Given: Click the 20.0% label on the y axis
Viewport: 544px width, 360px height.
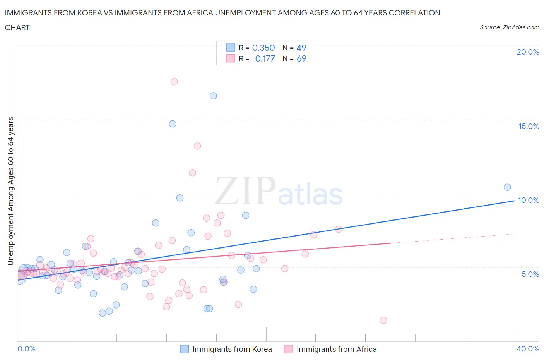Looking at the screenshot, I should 528,52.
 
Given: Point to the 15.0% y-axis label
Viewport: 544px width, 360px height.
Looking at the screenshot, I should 529,126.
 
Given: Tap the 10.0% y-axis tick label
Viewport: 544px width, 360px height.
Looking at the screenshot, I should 529,200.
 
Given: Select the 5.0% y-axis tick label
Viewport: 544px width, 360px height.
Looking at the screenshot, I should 530,274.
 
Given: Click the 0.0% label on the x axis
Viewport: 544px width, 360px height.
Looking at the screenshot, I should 26,349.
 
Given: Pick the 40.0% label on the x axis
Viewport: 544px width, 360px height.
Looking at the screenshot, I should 528,349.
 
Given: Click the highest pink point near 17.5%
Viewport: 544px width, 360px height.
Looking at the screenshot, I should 174,82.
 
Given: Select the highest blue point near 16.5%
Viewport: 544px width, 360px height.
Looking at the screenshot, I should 213,96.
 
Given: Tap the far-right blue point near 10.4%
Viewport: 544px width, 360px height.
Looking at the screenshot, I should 507,187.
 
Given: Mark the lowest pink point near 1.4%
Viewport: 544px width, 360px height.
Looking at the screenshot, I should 383,320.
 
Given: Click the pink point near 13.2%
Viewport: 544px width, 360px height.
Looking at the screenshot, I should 197,146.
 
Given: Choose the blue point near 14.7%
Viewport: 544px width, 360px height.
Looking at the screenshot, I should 173,124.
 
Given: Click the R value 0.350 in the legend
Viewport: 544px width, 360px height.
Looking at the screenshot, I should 263,48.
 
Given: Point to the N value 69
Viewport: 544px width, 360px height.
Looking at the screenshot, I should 301,58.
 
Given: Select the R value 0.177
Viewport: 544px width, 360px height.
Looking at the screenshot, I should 265,58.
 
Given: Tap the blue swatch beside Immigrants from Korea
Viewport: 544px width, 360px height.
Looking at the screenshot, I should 185,349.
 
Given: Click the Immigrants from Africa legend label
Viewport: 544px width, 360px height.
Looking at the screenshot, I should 336,349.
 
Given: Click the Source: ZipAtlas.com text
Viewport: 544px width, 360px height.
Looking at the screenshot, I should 509,27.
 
